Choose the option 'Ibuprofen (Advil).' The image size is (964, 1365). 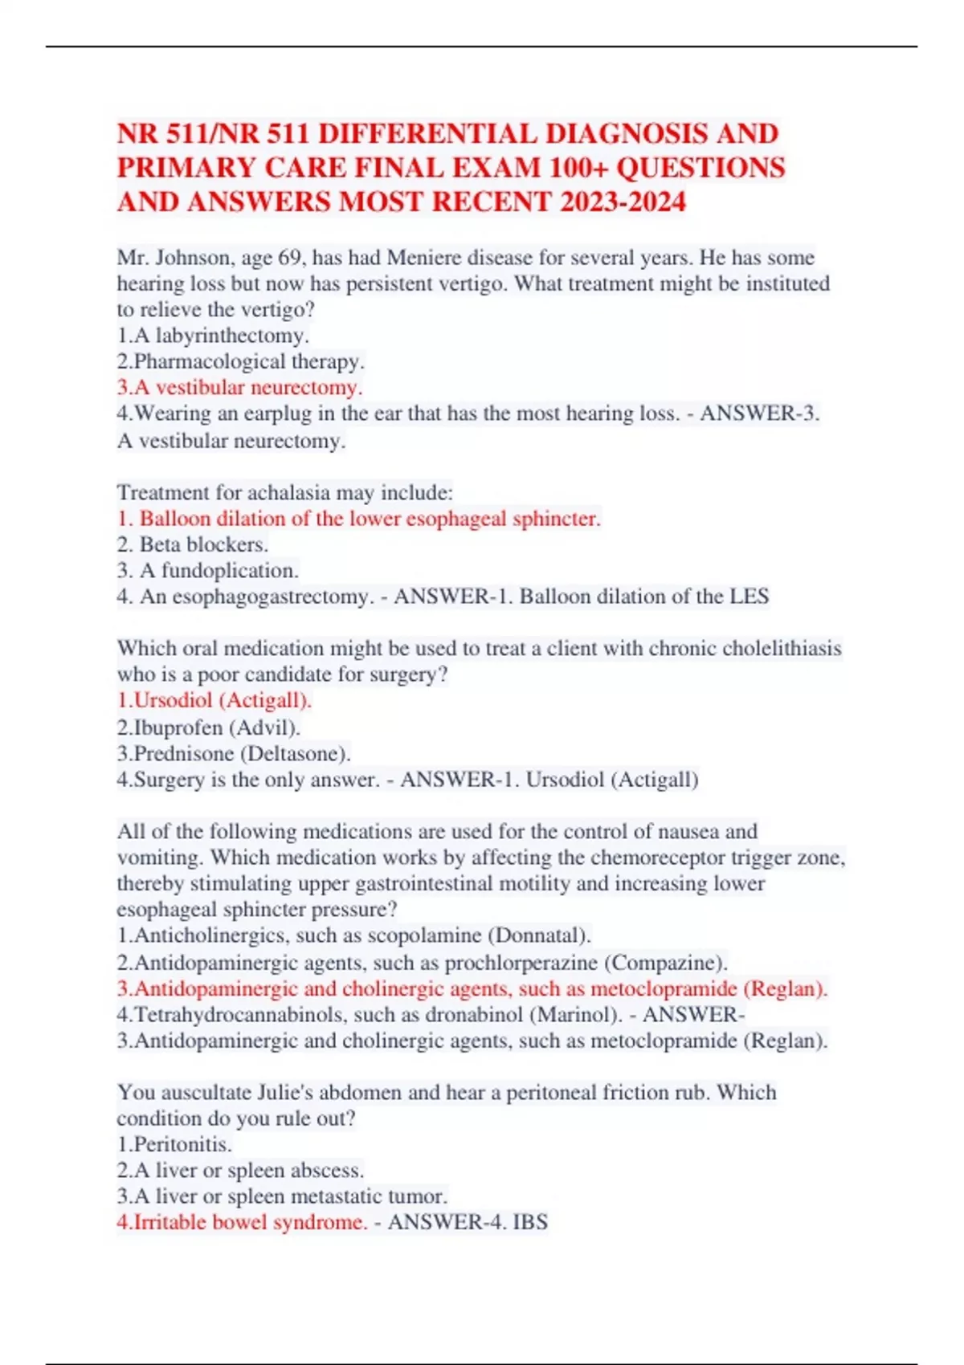(208, 727)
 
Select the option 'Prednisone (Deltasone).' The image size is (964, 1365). (234, 754)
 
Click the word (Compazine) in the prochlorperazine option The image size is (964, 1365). (666, 962)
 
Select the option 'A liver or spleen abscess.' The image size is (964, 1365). (240, 1171)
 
